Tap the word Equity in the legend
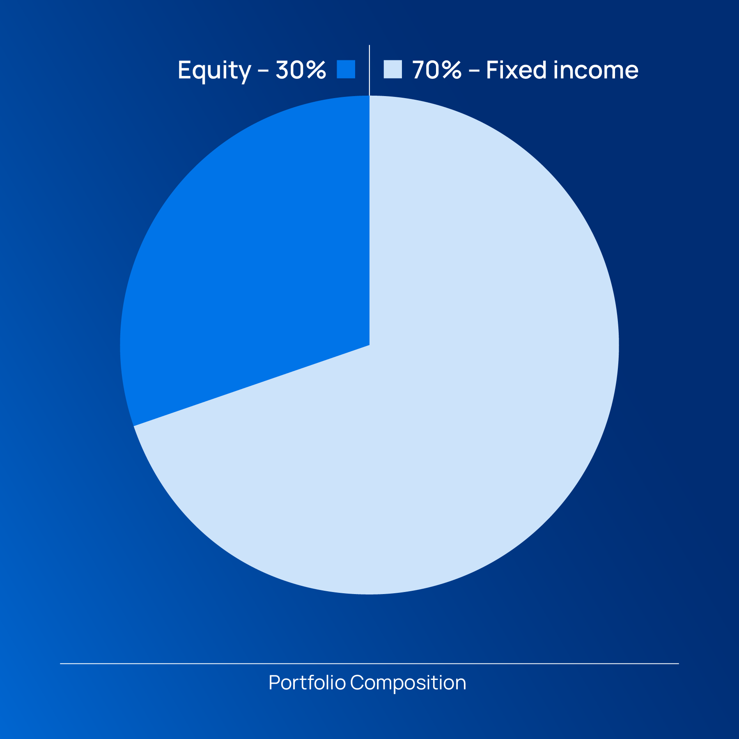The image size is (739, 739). click(x=214, y=71)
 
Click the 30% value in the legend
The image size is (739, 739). click(x=301, y=70)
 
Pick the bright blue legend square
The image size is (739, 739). click(x=346, y=69)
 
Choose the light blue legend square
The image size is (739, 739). click(x=392, y=69)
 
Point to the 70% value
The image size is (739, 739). click(x=437, y=70)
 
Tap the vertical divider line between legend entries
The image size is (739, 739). click(x=369, y=70)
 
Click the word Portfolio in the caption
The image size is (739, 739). click(x=307, y=683)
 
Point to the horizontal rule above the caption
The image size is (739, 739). click(x=369, y=663)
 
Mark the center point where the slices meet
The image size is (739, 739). click(x=369, y=345)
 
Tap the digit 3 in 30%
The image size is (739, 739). click(x=282, y=70)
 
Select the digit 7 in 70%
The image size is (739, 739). click(x=418, y=70)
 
